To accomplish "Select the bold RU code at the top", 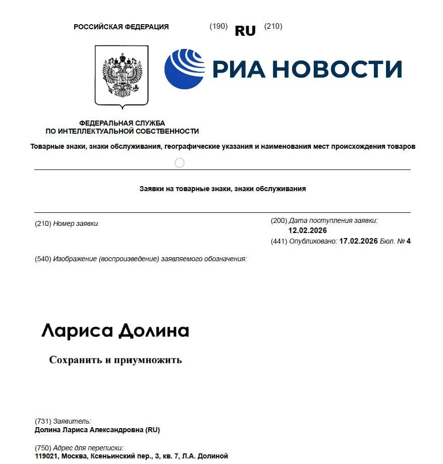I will pyautogui.click(x=245, y=31).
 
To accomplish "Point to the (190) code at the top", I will pyautogui.click(x=218, y=26).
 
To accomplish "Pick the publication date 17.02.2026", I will pyautogui.click(x=358, y=241).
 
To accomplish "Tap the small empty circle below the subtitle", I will pyautogui.click(x=179, y=162).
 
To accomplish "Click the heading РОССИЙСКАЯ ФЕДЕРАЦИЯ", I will pyautogui.click(x=121, y=27).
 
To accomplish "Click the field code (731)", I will pyautogui.click(x=43, y=421).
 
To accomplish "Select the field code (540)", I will pyautogui.click(x=43, y=259).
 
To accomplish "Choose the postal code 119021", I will pyautogui.click(x=46, y=456).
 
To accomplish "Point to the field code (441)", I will pyautogui.click(x=279, y=241).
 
